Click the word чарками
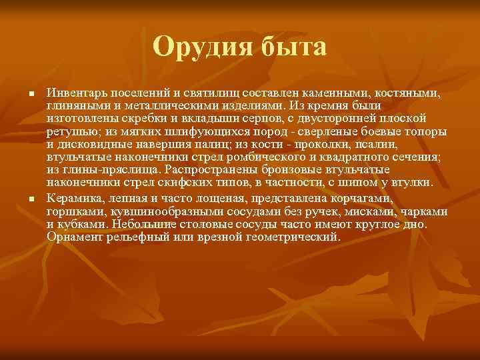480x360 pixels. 421,212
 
